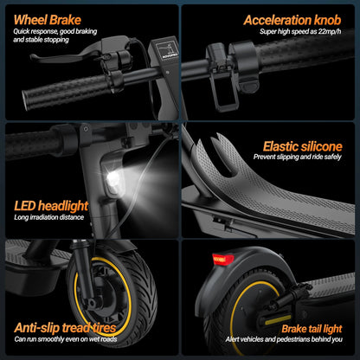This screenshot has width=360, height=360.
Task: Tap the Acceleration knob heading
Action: [294, 19]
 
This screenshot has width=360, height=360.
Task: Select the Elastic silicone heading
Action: [303, 146]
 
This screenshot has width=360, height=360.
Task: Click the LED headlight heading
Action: [51, 205]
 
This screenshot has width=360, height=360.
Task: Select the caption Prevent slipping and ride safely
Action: [302, 158]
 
